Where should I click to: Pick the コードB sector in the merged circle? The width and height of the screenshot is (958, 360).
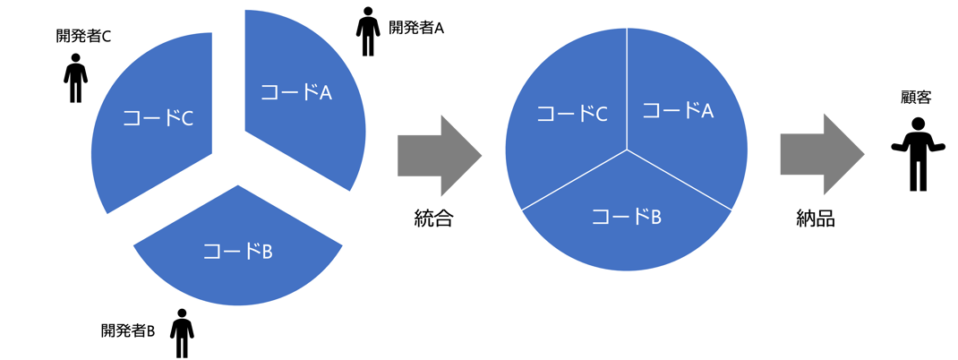(x=626, y=219)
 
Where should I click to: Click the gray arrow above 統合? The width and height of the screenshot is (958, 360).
(x=440, y=155)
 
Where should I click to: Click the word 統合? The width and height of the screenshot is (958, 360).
(x=433, y=218)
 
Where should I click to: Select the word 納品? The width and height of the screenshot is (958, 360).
(x=815, y=218)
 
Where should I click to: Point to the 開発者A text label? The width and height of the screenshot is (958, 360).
(x=417, y=28)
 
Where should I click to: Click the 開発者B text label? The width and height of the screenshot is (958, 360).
(x=128, y=330)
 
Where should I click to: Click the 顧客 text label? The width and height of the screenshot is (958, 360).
(x=918, y=97)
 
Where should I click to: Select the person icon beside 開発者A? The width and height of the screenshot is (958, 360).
(x=367, y=33)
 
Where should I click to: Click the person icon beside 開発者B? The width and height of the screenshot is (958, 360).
(x=183, y=334)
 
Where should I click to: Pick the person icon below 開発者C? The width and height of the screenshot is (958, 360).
(x=76, y=79)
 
